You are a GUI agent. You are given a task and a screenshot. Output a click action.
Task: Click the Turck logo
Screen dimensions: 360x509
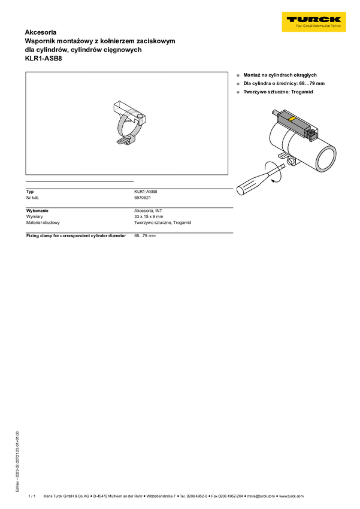tap(314, 22)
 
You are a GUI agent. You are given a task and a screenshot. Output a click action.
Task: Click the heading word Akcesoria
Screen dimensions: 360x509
tap(41, 32)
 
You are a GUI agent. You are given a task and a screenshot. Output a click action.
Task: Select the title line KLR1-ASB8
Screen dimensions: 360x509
tap(43, 59)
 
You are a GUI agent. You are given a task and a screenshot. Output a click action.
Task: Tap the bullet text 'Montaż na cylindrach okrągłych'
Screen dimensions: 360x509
tap(280, 75)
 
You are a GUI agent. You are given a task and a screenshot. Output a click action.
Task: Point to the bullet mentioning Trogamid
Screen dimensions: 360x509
tap(278, 92)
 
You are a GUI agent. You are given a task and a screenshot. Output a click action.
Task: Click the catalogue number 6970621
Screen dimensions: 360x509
tap(143, 198)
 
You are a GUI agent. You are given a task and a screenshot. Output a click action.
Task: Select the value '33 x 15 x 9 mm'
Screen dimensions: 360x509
tap(149, 217)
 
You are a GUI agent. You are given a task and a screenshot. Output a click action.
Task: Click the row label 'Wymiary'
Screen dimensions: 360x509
tap(34, 217)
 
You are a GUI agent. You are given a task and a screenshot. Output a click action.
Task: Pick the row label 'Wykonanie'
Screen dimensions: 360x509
tap(37, 211)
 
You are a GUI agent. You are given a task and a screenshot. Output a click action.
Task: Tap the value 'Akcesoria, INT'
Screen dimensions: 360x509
tap(148, 211)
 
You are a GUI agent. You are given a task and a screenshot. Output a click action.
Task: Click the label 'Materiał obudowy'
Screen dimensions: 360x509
tap(43, 223)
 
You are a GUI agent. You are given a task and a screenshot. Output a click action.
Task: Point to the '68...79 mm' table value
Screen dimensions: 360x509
tap(145, 236)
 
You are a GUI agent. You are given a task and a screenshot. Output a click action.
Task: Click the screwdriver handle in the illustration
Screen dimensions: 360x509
tap(250, 186)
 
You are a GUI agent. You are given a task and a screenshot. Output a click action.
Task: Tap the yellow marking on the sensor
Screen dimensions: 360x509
tap(292, 119)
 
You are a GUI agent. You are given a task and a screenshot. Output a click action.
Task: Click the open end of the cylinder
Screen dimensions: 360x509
tap(326, 159)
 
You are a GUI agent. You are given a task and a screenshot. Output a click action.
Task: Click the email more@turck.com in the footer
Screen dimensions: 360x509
tap(261, 496)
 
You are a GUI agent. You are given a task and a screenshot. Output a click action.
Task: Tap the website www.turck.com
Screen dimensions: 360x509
tap(291, 496)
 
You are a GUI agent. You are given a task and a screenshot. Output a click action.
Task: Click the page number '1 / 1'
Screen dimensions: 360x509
tap(32, 496)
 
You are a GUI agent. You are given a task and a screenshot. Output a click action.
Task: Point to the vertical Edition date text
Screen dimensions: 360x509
tap(17, 461)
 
